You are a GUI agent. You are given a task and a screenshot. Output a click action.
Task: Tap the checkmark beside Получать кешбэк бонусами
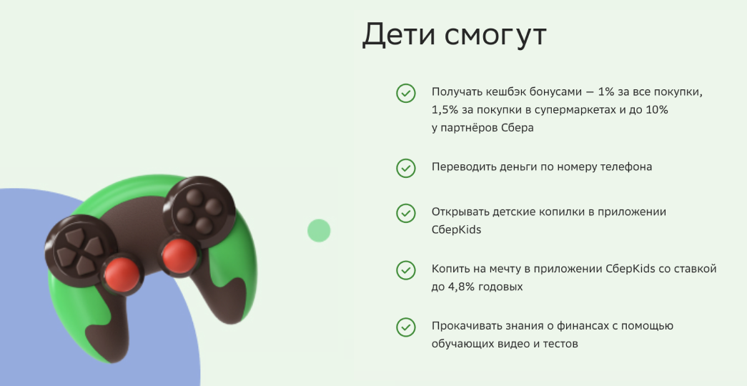click(406, 93)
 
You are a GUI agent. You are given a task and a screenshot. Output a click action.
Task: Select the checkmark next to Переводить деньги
click(406, 168)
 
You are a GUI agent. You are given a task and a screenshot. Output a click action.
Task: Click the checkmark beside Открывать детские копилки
click(406, 213)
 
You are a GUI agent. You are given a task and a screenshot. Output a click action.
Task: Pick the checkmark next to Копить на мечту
click(406, 270)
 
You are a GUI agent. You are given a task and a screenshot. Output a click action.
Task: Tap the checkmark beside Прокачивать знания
click(406, 327)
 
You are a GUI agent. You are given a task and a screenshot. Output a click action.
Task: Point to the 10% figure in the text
click(654, 110)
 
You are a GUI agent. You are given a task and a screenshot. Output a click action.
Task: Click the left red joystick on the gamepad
click(119, 272)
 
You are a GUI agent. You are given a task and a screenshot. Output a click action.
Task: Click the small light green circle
click(319, 230)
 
